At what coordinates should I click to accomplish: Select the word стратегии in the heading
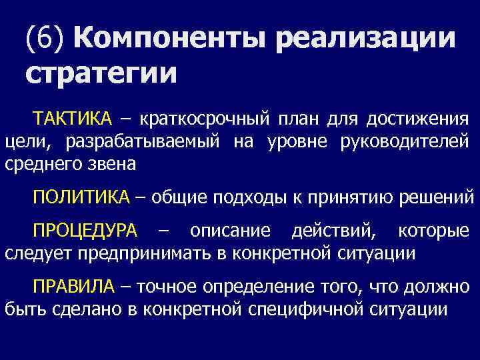[x=101, y=73]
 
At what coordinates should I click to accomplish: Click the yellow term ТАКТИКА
[x=73, y=119]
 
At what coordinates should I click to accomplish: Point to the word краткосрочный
[x=205, y=119]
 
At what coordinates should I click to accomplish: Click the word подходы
[x=244, y=197]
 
